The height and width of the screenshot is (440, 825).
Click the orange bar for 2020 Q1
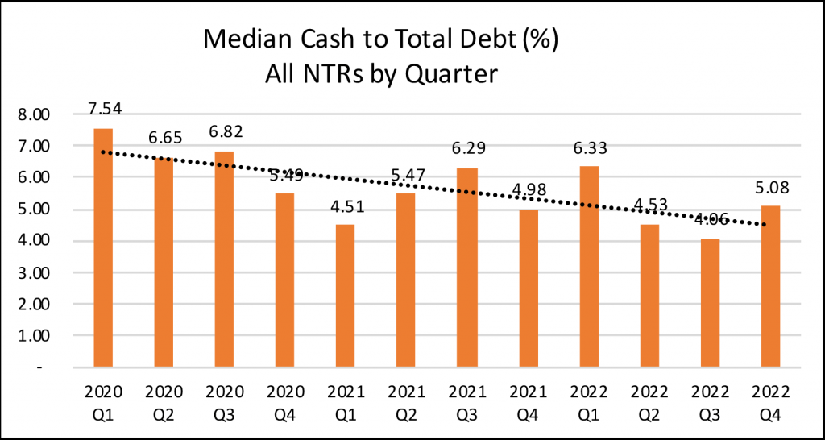point(103,247)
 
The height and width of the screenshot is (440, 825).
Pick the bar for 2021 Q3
point(467,267)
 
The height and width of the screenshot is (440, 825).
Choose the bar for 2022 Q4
point(770,286)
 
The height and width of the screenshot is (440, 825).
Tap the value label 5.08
point(770,189)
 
